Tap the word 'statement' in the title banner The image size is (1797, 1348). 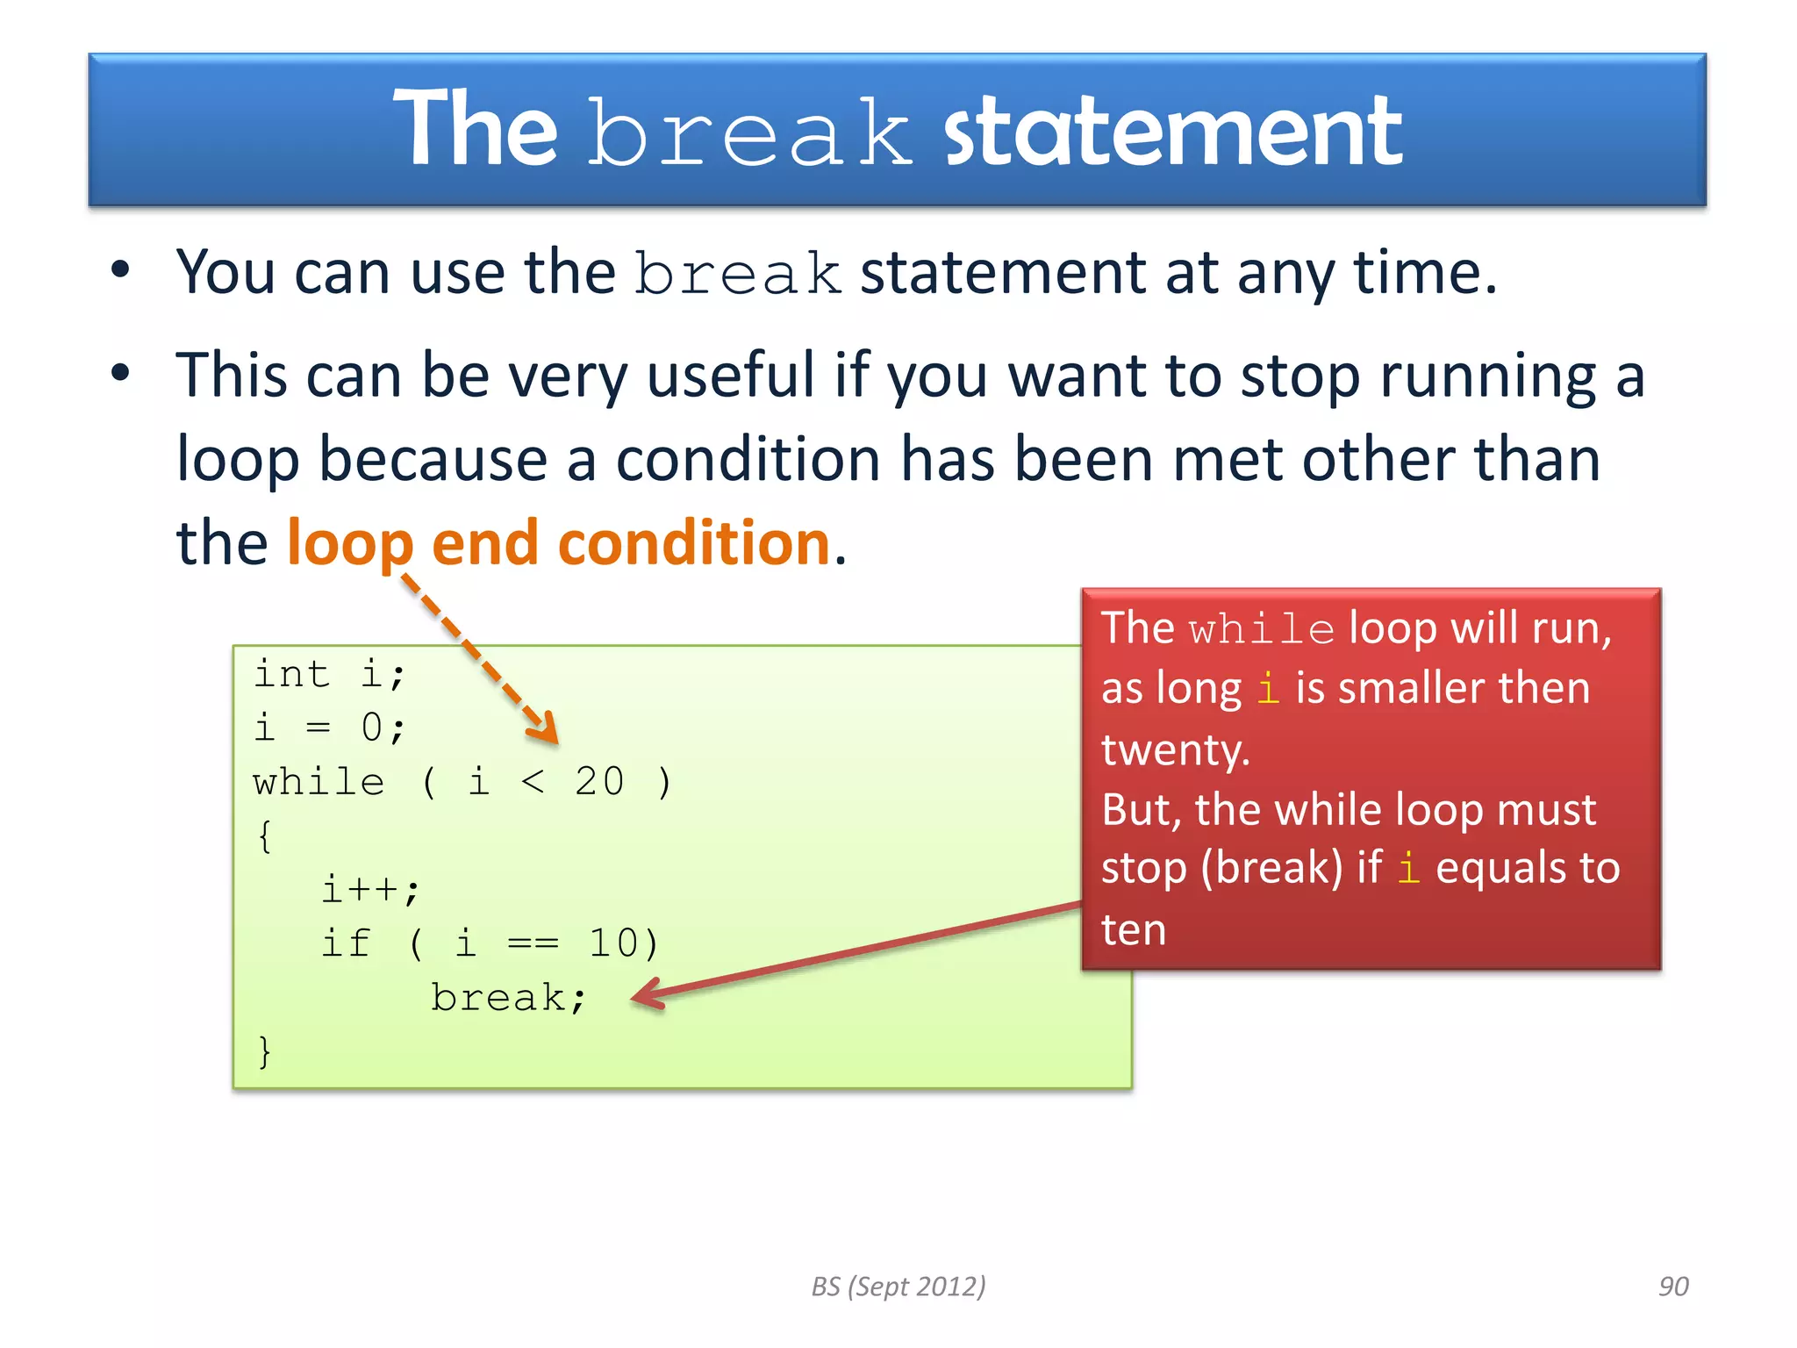tap(1172, 132)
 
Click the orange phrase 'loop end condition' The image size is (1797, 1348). tap(558, 542)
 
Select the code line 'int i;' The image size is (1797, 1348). tap(329, 675)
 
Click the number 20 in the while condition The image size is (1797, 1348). tap(599, 781)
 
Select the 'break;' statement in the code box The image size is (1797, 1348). tap(508, 998)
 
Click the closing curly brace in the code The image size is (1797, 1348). tap(264, 1050)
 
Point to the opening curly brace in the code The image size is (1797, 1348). tap(264, 835)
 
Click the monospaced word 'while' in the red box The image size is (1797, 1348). tap(1261, 630)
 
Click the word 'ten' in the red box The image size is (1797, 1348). tap(1133, 929)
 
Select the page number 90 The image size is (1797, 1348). tap(1672, 1287)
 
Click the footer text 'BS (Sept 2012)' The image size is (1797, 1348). tap(898, 1287)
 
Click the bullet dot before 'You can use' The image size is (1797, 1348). tap(120, 269)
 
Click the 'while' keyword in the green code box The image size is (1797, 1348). tap(318, 781)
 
